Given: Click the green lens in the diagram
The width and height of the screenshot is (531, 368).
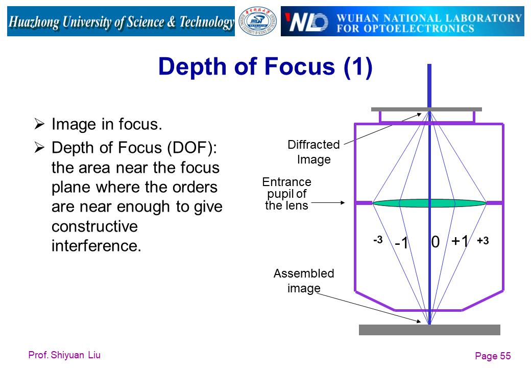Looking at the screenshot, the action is tap(429, 203).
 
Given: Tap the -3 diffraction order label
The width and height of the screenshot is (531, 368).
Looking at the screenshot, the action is tap(378, 240).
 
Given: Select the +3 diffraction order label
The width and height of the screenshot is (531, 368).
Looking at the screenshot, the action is tap(483, 241).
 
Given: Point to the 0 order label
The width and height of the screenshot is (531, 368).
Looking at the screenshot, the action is tap(436, 242).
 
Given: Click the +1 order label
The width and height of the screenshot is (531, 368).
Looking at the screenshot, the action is tap(460, 241).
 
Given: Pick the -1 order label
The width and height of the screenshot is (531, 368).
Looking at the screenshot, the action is tap(402, 243).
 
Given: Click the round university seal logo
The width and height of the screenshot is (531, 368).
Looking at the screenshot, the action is tap(257, 21).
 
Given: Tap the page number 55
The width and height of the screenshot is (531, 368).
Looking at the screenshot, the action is tap(505, 356).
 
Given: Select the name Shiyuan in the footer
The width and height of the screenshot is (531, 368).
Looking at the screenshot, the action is tap(67, 355).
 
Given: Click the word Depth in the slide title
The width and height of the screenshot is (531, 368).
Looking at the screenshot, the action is tap(192, 66).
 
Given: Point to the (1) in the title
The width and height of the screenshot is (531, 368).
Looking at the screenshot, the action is tap(357, 66).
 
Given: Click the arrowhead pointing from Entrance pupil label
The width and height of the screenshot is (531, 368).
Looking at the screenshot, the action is tap(343, 202).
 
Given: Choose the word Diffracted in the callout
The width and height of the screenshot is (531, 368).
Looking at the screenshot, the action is tap(313, 145).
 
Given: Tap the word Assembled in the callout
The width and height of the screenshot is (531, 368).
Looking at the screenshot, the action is tap(304, 273).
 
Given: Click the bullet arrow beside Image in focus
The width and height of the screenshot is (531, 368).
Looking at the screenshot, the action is tap(39, 124).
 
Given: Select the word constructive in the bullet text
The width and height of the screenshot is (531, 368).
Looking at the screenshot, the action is tap(94, 226).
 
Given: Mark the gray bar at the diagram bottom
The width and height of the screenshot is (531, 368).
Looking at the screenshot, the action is tap(429, 330).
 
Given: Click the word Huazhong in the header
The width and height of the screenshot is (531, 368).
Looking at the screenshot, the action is tap(34, 21).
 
